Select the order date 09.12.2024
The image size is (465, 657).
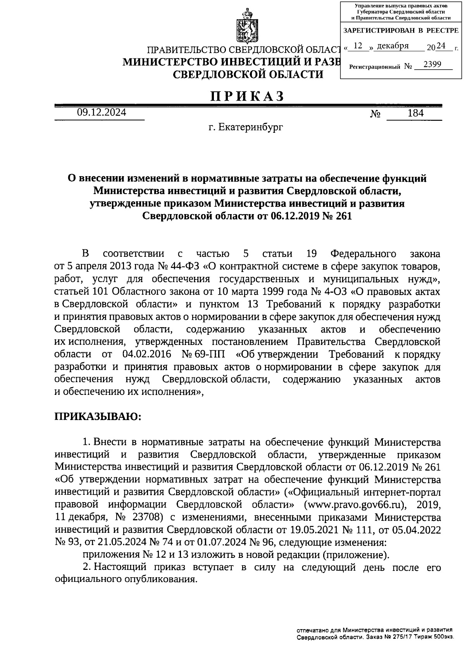point(101,113)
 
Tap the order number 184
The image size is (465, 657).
point(415,113)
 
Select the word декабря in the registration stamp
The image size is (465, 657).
point(393,46)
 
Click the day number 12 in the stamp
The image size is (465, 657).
point(358,46)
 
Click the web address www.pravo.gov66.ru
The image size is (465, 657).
point(354,505)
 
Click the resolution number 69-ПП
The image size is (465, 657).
point(212,354)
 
